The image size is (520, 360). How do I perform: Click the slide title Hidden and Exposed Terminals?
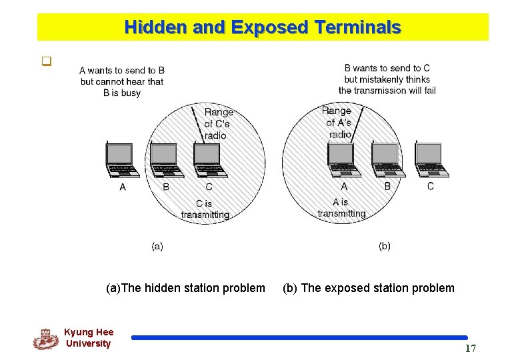tap(263, 27)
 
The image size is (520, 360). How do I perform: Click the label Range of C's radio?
tap(219, 124)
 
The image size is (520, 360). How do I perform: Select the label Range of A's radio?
tap(338, 123)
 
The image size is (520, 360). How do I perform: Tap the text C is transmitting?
tap(205, 209)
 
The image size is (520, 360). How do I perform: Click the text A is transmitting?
tap(341, 208)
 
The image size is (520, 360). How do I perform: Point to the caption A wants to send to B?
tap(121, 81)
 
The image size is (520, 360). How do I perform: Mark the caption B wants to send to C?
tap(387, 79)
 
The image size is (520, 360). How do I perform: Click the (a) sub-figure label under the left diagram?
tap(157, 246)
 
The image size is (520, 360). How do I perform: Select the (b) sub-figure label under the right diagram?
tap(385, 246)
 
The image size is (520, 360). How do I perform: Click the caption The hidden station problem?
tap(185, 288)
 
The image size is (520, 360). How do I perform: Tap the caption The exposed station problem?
tap(369, 288)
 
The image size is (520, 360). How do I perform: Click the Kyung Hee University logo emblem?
tap(45, 339)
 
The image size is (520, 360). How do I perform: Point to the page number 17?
tap(470, 349)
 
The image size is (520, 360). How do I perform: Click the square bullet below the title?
tap(47, 64)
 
